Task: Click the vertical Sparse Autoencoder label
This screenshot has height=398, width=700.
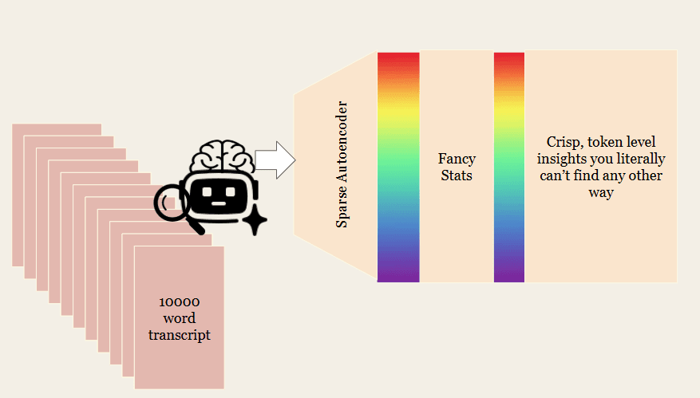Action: (x=342, y=164)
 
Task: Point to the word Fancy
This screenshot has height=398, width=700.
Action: (x=457, y=159)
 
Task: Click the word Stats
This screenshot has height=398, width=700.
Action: (x=457, y=175)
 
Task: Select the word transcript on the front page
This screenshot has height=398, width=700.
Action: (x=179, y=335)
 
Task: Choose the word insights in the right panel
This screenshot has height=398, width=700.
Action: (x=562, y=159)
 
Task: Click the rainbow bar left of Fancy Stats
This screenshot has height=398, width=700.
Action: (x=398, y=167)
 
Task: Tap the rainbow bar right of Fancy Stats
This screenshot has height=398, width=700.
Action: (x=509, y=167)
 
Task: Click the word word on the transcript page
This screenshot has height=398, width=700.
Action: (x=179, y=319)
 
